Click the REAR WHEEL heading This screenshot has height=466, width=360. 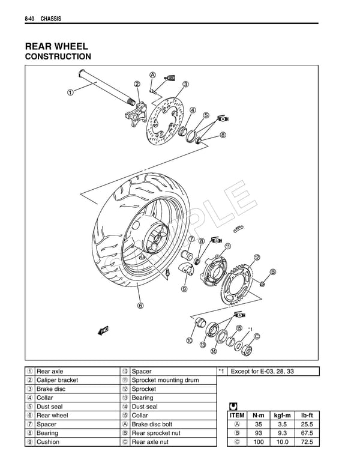[56, 46]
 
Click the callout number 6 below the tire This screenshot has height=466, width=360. [140, 305]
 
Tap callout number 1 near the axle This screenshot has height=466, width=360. [70, 92]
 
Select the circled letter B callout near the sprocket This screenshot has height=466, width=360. [273, 271]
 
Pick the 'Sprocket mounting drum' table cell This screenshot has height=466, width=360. [159, 380]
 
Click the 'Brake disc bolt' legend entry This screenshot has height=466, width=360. [152, 424]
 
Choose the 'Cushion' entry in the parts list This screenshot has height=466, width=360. [47, 442]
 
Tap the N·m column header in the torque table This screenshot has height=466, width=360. [259, 415]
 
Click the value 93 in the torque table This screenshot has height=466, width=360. [259, 433]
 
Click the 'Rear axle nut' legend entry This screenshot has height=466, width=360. [150, 442]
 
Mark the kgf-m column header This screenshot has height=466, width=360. [283, 415]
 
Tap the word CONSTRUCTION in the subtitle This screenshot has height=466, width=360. [58, 57]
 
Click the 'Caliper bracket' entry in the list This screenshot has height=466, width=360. [57, 380]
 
